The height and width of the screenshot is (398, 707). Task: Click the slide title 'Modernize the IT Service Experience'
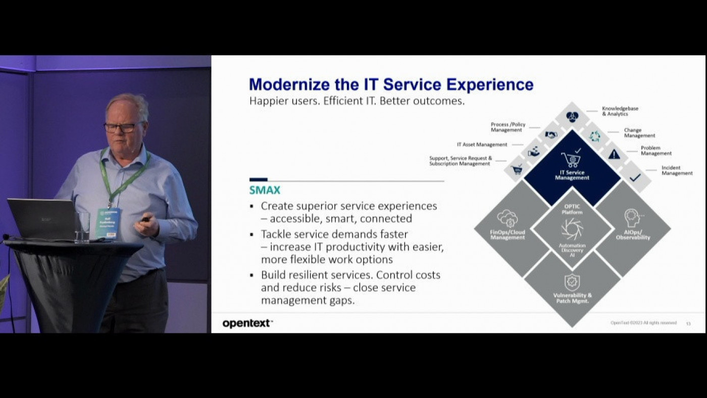pos(391,84)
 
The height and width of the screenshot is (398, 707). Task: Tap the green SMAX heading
pos(265,190)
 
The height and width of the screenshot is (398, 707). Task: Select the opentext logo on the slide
pos(247,323)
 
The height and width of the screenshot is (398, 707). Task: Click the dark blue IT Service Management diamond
pos(572,167)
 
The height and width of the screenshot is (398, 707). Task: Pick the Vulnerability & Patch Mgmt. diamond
pos(572,290)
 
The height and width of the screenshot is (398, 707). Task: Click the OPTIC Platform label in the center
pos(572,209)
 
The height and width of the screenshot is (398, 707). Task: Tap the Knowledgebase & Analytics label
pos(620,111)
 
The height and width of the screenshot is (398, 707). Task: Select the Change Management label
pos(639,133)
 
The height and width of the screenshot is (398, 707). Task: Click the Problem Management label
pos(656,151)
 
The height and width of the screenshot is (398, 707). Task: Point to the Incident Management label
pos(677,170)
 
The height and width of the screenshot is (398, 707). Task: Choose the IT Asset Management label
pos(482,144)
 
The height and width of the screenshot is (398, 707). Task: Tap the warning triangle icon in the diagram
pos(614,154)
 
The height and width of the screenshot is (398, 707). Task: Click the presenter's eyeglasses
pos(122,127)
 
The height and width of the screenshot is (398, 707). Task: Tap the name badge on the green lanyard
pos(108,223)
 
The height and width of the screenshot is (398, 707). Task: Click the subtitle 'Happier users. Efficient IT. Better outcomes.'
pos(357,101)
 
